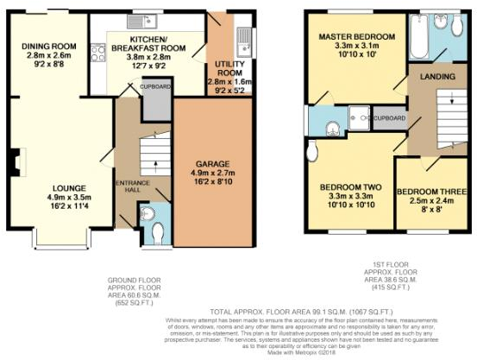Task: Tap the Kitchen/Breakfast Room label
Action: [145, 45]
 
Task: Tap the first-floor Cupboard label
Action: [390, 117]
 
